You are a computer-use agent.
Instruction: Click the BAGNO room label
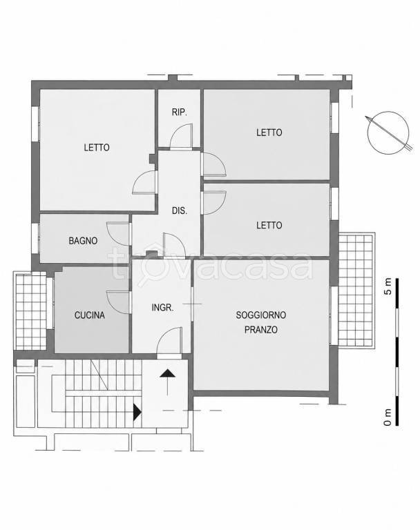click(83, 241)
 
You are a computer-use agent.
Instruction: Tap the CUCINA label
click(89, 315)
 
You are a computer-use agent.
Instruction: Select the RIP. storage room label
click(180, 112)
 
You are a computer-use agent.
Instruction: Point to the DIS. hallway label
click(180, 210)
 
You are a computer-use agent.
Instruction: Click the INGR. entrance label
click(162, 308)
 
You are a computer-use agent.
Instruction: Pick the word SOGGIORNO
click(261, 315)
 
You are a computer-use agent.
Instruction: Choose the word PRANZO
click(261, 330)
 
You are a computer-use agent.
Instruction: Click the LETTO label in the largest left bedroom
click(97, 148)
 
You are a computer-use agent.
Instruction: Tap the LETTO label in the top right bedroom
click(269, 132)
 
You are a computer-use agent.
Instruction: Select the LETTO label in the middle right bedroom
click(269, 225)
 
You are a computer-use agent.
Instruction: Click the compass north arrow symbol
click(388, 132)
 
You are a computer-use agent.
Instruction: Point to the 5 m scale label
click(388, 286)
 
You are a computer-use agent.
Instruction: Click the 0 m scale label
click(388, 417)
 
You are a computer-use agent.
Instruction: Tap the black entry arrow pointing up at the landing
click(168, 382)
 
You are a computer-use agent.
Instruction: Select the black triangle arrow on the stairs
click(137, 413)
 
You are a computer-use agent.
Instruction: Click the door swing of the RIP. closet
click(181, 136)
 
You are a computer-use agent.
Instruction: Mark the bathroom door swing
click(118, 233)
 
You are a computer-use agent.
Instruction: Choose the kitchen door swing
click(118, 302)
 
